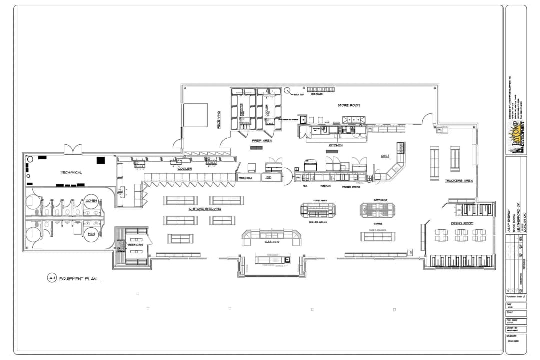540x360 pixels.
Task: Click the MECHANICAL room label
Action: coord(71,172)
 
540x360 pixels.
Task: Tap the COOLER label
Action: coord(184,169)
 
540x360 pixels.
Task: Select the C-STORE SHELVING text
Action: coord(205,209)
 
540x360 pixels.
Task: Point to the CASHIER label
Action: coord(272,242)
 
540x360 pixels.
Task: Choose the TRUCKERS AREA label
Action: coord(459,180)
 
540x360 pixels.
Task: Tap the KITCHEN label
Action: coord(335,145)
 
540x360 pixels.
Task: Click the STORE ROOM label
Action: coord(349,105)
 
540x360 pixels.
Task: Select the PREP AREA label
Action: coord(262,141)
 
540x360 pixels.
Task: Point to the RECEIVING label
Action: coord(219,120)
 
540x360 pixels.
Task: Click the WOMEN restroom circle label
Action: coord(91,201)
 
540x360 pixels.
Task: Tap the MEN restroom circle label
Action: coord(91,234)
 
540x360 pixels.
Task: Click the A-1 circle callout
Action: coord(51,278)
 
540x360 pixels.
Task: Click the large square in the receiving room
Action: coord(195,115)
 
